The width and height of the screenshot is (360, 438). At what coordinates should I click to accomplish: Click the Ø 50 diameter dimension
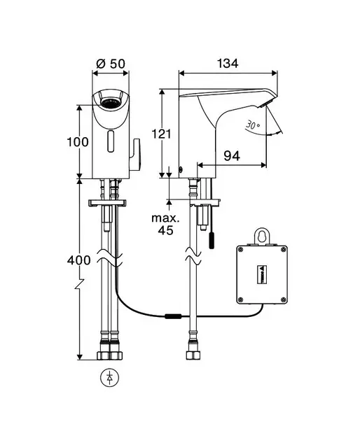click(x=111, y=64)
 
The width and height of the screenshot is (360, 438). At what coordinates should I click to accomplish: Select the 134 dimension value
click(x=228, y=64)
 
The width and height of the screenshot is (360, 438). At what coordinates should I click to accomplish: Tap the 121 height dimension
click(x=161, y=134)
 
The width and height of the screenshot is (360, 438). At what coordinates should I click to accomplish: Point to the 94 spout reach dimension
click(x=232, y=156)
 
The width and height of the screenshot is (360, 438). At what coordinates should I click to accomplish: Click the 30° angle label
click(x=253, y=125)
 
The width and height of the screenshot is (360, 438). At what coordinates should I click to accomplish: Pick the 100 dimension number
click(x=78, y=142)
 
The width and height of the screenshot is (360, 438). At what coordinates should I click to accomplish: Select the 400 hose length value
click(x=79, y=260)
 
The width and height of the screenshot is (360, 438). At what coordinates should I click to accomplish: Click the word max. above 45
click(x=165, y=218)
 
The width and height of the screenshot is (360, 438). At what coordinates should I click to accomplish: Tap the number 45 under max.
click(x=165, y=230)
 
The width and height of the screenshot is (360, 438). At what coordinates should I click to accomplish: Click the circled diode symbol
click(x=110, y=378)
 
